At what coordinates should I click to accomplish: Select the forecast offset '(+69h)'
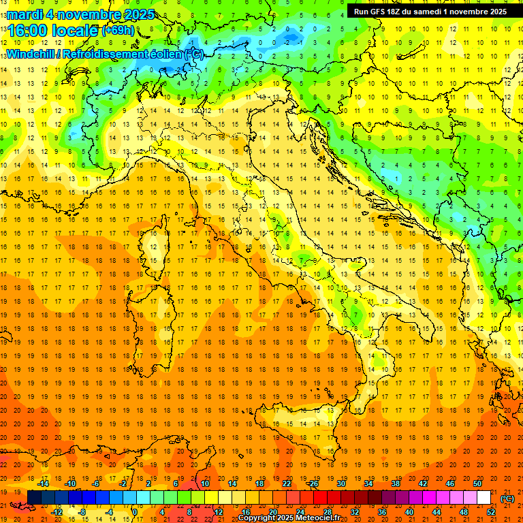(x=118, y=31)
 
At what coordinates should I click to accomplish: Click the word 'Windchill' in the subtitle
(x=31, y=54)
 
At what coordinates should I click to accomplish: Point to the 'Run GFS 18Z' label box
(x=430, y=12)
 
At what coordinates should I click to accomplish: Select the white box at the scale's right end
(x=484, y=498)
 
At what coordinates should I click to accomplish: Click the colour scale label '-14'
(x=43, y=484)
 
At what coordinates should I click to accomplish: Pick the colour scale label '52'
(x=491, y=512)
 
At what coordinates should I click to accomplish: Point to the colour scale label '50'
(x=477, y=484)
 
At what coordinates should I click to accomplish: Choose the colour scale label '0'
(x=135, y=512)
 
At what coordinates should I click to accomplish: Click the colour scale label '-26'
(x=313, y=484)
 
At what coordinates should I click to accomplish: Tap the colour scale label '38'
(x=395, y=484)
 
